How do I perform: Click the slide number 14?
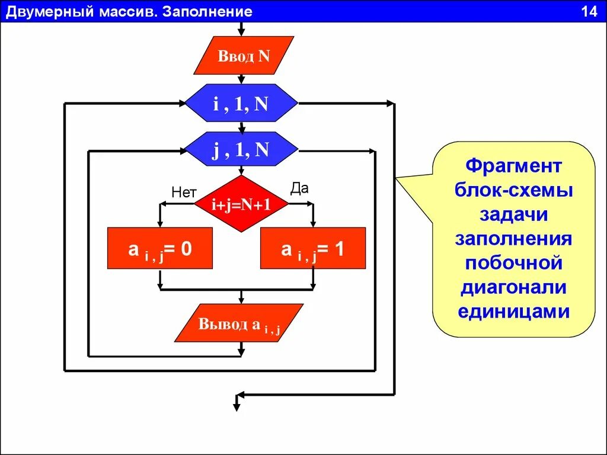pos(589,12)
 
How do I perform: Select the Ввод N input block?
pos(244,56)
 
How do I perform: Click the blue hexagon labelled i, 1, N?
pos(241,104)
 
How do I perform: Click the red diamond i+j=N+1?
pos(241,204)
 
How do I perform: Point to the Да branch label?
pos(299,188)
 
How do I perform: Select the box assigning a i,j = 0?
pos(160,249)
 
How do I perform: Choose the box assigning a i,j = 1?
pos(313,249)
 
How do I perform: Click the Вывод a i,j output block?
pos(239,324)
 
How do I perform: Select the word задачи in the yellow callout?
pos(513,214)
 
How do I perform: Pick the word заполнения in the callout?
pos(513,239)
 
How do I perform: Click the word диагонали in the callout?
pos(513,287)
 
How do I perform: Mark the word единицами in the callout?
pos(513,312)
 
